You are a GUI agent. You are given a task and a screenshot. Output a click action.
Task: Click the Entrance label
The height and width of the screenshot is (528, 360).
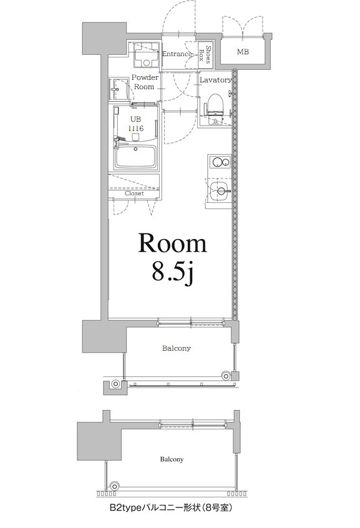(x=177, y=54)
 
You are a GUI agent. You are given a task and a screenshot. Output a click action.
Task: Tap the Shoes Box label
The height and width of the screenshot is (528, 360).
(x=207, y=55)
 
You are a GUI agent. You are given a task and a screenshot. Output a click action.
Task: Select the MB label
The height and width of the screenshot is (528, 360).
(x=243, y=51)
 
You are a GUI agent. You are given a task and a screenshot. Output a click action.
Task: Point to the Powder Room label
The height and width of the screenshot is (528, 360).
(x=144, y=82)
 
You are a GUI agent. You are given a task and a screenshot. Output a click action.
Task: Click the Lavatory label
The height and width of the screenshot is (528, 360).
(x=216, y=81)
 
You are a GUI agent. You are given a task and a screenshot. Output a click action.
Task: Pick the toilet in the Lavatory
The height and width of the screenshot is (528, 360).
(x=215, y=103)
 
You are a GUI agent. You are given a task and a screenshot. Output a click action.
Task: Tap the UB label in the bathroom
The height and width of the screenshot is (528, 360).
(x=135, y=119)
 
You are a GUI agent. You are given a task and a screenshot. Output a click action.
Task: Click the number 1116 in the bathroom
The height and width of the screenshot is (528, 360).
(x=135, y=128)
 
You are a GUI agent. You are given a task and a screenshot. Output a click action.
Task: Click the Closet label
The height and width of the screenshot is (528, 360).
(x=134, y=193)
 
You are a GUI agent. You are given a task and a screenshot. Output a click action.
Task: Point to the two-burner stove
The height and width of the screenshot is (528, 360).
(x=218, y=162)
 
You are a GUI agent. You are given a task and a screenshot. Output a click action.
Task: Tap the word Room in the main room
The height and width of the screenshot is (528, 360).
(x=172, y=243)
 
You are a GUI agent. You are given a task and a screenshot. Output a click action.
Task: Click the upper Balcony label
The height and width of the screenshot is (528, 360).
(x=177, y=348)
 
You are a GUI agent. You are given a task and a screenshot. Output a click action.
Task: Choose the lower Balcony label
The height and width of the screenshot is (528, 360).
(x=171, y=460)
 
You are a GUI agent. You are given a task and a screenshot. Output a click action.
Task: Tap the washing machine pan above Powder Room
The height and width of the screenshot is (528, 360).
(x=145, y=56)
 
